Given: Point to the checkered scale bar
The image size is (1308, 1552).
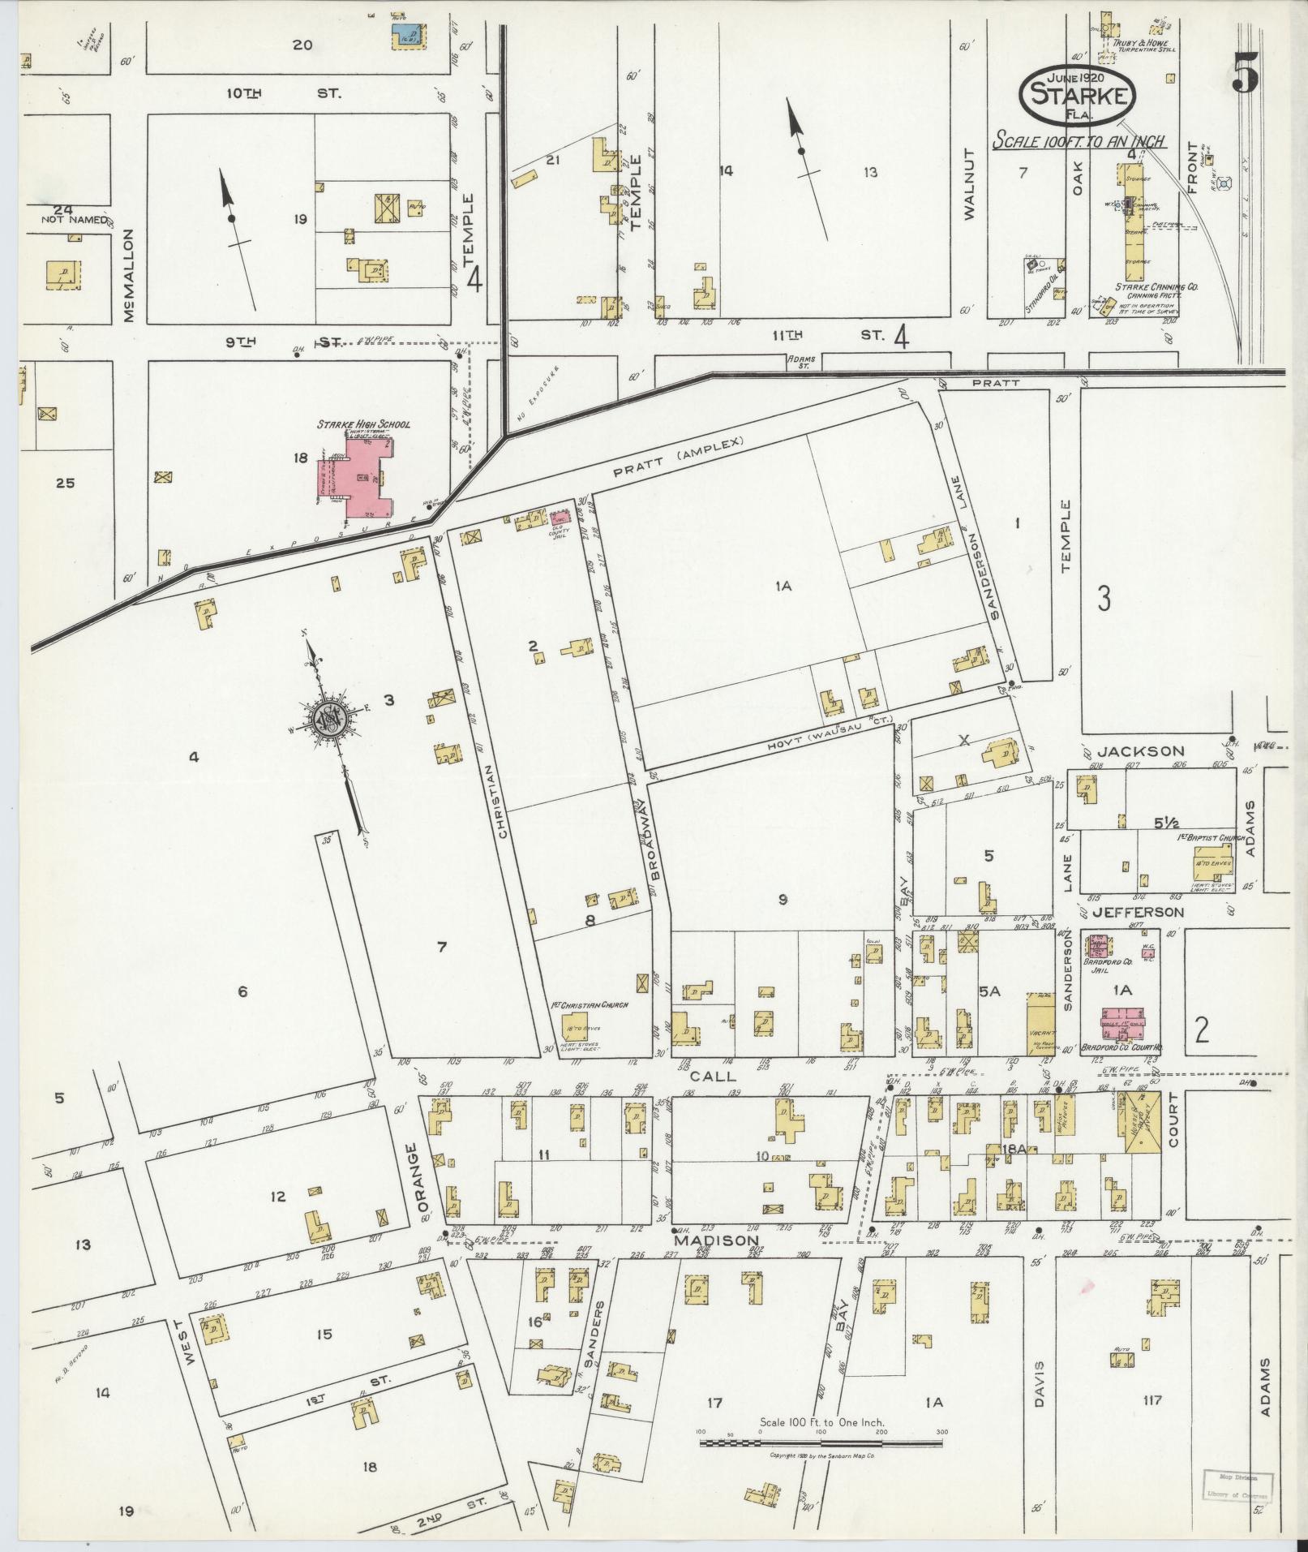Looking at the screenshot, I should pos(820,875).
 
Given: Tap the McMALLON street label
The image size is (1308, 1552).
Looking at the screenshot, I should pos(128,275).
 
